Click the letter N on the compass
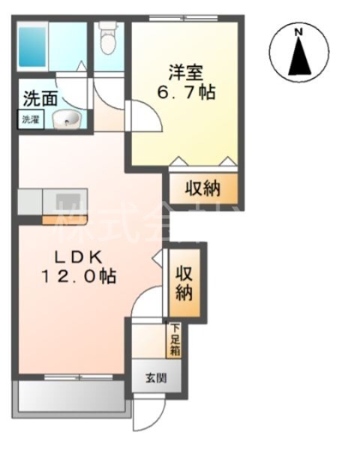(x=298, y=32)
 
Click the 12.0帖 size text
(x=78, y=276)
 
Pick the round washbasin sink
(x=70, y=118)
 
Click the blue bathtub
(x=33, y=46)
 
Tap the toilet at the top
(x=109, y=39)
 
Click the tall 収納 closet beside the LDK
(x=184, y=283)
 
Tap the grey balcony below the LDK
(x=71, y=396)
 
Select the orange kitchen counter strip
(x=65, y=220)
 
